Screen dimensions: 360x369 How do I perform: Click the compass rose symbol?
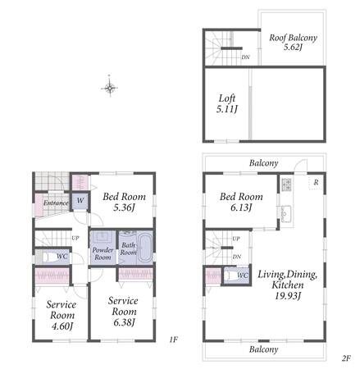pos(110,88)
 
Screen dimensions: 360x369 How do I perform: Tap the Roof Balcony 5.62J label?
pos(293,42)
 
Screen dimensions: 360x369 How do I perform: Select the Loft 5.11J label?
pos(227,103)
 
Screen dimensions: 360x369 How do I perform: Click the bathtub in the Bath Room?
pos(144,248)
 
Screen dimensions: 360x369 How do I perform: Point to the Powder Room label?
pos(103,253)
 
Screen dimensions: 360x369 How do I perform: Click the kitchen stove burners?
pos(286,184)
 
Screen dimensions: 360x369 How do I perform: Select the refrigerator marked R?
pos(316,182)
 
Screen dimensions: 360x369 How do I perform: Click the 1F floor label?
pos(174,339)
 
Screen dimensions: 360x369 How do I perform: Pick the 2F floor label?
pos(346,358)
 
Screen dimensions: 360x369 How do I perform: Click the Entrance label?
pos(56,203)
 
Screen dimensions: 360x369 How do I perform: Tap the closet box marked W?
pos(80,201)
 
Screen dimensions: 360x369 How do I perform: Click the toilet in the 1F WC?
pos(48,257)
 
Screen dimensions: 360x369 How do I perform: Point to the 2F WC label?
pos(243,276)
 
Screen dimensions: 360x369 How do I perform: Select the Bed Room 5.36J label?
pos(124,202)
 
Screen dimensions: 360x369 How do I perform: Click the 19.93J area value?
pos(288,295)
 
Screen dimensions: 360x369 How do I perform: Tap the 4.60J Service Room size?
pos(62,326)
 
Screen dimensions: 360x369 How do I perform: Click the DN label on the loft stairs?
pos(245,57)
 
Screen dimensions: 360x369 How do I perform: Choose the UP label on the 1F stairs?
pos(75,238)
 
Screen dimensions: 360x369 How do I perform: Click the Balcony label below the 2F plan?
pos(263,349)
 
